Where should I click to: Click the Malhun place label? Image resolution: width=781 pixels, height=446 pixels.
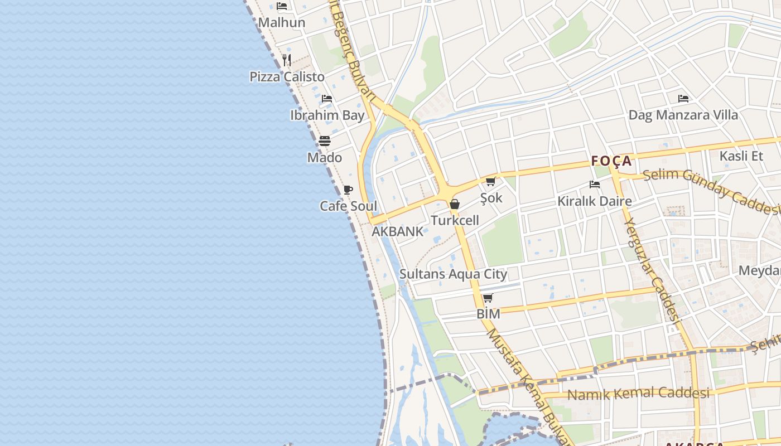282,23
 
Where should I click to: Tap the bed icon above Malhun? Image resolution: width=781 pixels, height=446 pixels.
282,6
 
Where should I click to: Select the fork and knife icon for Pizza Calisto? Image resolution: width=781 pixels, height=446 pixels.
287,60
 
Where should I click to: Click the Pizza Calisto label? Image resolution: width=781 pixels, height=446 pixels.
287,76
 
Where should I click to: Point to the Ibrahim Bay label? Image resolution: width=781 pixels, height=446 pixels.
327,115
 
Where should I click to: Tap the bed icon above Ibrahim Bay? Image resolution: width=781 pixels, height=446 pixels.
327,99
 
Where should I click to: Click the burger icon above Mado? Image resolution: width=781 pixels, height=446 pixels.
325,140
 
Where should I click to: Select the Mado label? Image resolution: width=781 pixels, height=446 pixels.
325,158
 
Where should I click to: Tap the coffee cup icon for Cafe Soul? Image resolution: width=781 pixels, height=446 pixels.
348,190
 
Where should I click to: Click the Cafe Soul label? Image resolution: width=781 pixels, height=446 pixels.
348,206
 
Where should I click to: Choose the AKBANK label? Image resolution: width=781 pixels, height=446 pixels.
397,231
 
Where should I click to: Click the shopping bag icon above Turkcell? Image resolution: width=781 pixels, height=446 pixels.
455,204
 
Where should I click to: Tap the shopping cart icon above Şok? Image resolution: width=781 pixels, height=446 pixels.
491,181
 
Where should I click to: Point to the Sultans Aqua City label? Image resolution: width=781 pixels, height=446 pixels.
453,274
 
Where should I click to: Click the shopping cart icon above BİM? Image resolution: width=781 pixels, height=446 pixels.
488,298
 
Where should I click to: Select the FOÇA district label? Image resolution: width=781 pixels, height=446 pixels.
611,161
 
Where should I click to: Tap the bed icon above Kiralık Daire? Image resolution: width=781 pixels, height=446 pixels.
595,185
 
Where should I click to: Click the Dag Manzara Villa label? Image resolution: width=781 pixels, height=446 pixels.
683,115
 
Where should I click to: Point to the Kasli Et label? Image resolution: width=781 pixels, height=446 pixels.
741,156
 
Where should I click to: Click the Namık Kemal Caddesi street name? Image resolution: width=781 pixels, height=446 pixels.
638,394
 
